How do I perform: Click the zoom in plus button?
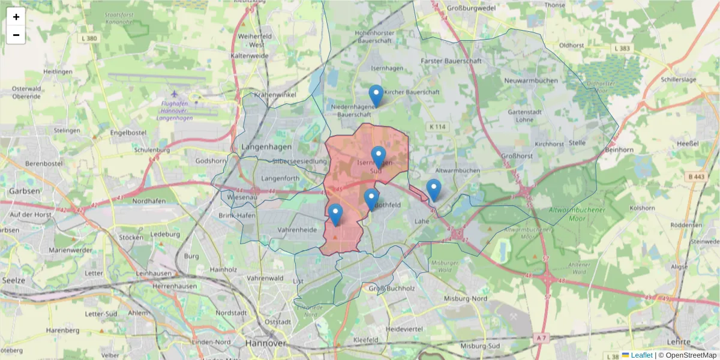pyautogui.click(x=16, y=17)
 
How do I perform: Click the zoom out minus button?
pyautogui.click(x=16, y=35)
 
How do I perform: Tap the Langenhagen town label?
pyautogui.click(x=266, y=147)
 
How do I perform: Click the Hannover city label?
pyautogui.click(x=265, y=343)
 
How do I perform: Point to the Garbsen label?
pyautogui.click(x=23, y=191)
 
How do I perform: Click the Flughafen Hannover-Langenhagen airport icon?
pyautogui.click(x=175, y=94)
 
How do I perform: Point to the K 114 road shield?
pyautogui.click(x=438, y=127)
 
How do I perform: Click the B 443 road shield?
pyautogui.click(x=696, y=176)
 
